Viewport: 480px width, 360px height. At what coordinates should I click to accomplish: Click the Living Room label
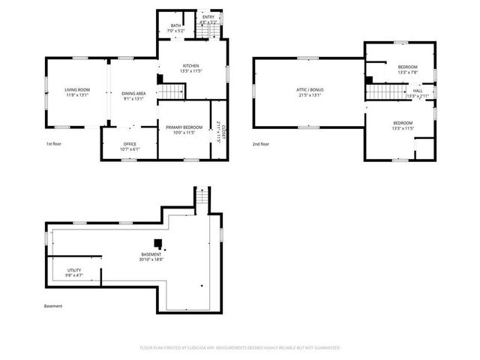tap(77, 92)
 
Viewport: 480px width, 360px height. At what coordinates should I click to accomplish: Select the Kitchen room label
tap(190, 68)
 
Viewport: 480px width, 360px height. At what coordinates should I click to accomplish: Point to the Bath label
tap(175, 28)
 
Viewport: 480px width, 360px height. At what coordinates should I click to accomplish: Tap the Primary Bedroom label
tap(184, 130)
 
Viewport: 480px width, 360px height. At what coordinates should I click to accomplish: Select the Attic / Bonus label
tap(309, 92)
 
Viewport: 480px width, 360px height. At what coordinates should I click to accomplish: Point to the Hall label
tap(418, 93)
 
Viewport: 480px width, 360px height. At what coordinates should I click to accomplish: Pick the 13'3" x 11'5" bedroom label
tap(403, 125)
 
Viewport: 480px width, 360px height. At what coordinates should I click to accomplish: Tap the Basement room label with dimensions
tap(151, 257)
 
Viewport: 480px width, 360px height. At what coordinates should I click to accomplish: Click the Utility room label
tap(73, 272)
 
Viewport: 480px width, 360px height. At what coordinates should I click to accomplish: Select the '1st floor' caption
tap(55, 143)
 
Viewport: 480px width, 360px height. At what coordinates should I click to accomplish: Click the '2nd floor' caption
tap(261, 143)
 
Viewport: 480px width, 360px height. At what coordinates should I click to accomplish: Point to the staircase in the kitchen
tap(172, 91)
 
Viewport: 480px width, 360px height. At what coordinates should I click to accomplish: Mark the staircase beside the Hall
tap(385, 91)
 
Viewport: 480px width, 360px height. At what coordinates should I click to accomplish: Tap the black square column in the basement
tap(158, 243)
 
